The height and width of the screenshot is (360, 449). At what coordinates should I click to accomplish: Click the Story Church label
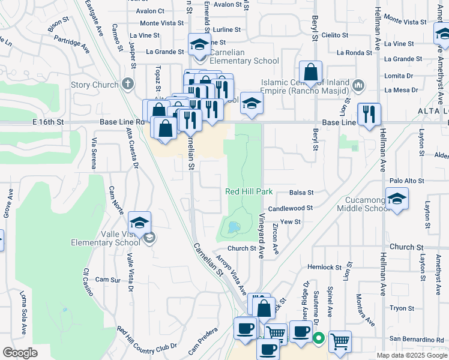(x=94, y=85)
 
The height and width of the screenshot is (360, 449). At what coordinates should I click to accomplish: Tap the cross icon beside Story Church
(x=127, y=85)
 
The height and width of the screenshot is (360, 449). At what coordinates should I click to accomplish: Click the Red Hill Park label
(x=249, y=192)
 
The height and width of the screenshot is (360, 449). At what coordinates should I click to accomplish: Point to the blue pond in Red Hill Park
(x=232, y=227)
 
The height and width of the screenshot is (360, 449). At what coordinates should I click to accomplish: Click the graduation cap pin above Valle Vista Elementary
(x=139, y=223)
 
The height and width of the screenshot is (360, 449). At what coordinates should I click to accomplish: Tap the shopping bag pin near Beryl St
(x=311, y=72)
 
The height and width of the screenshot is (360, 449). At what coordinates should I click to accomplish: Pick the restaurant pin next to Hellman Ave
(x=368, y=114)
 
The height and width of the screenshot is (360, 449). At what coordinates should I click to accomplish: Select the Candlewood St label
(x=291, y=208)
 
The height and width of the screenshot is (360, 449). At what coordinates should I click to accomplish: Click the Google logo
(x=20, y=353)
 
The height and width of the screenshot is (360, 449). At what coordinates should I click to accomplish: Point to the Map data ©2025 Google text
(x=411, y=355)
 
